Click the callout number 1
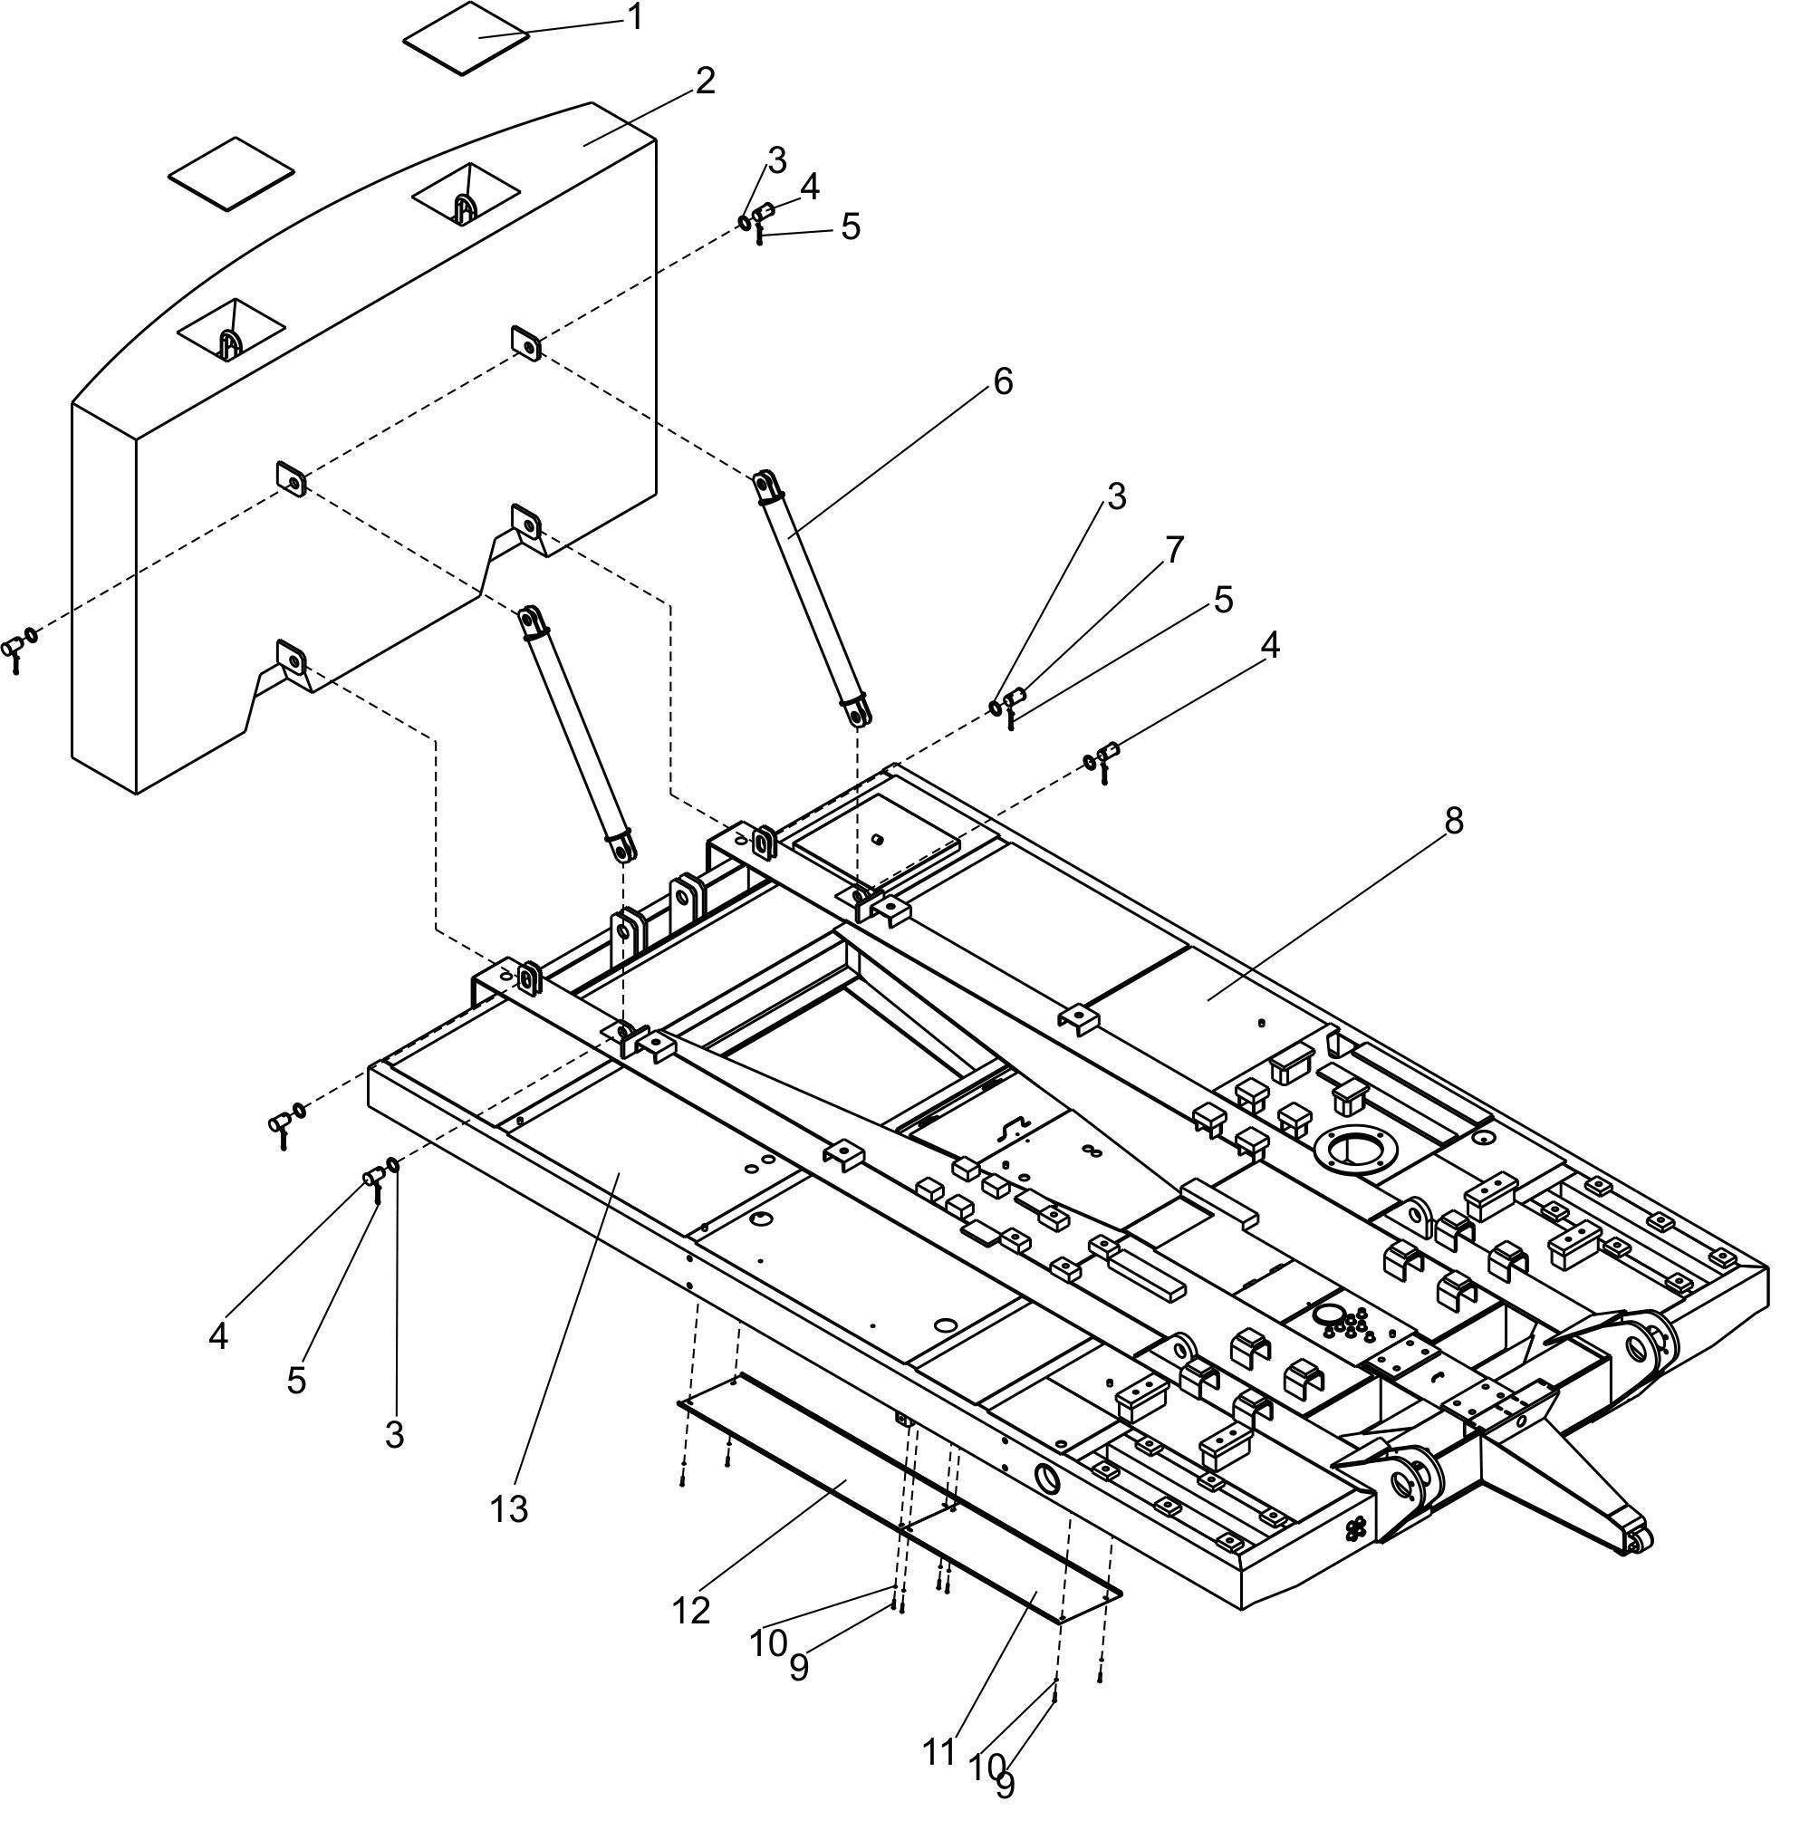coord(634,16)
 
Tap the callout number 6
coord(1002,380)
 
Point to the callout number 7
coord(1173,549)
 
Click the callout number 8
coord(1454,821)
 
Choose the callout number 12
coord(691,1610)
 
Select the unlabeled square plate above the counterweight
coord(231,172)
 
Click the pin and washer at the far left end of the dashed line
coord(20,646)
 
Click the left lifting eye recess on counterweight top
coord(231,332)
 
